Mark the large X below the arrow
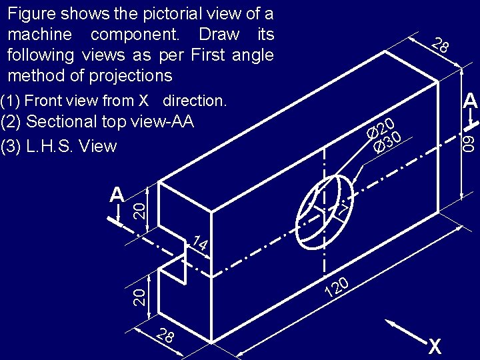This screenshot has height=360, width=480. coord(435,347)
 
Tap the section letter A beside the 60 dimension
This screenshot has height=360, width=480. coord(471,101)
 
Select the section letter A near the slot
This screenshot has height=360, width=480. coord(117,195)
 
